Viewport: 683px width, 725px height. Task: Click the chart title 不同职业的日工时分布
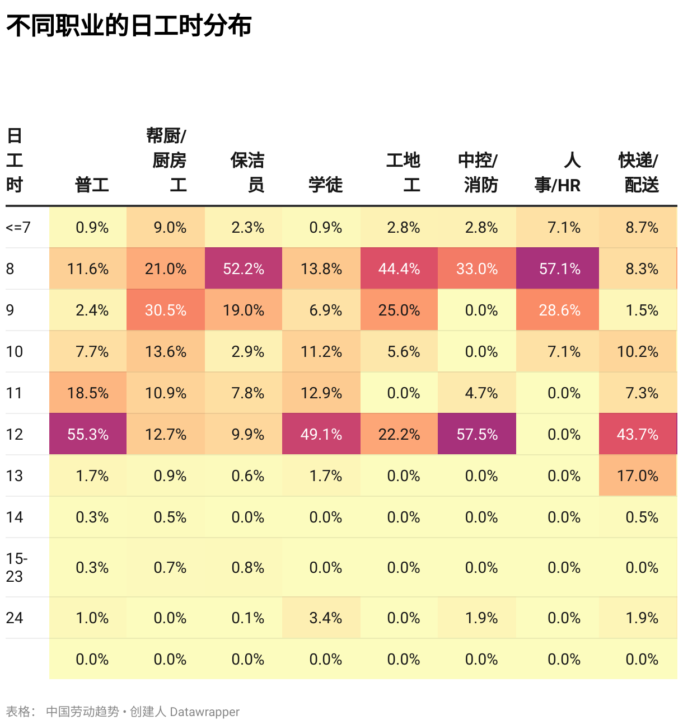point(129,26)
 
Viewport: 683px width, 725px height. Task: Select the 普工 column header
point(92,185)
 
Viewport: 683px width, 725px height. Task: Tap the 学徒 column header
point(325,185)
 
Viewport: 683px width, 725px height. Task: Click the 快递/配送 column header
point(639,172)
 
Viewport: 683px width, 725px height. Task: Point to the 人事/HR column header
point(558,172)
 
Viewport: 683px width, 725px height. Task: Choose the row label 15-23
point(17,567)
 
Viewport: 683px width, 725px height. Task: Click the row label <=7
point(18,227)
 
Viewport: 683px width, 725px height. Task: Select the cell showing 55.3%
point(88,434)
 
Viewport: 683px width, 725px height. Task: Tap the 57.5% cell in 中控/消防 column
point(477,434)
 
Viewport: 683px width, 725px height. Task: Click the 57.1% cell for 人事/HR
point(559,269)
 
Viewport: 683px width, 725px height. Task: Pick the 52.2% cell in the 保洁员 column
point(244,269)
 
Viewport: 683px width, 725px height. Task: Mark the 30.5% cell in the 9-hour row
point(166,310)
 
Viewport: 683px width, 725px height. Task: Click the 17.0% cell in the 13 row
point(638,476)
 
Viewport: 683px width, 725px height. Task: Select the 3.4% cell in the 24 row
point(325,618)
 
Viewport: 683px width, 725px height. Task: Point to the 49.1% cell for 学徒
point(321,434)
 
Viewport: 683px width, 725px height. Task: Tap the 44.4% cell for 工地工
point(399,269)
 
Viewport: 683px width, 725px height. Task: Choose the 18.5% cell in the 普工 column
point(88,393)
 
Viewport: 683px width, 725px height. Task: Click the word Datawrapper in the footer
point(204,712)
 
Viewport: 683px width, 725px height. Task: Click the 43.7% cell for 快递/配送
point(638,434)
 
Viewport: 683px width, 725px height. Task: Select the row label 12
point(15,434)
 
